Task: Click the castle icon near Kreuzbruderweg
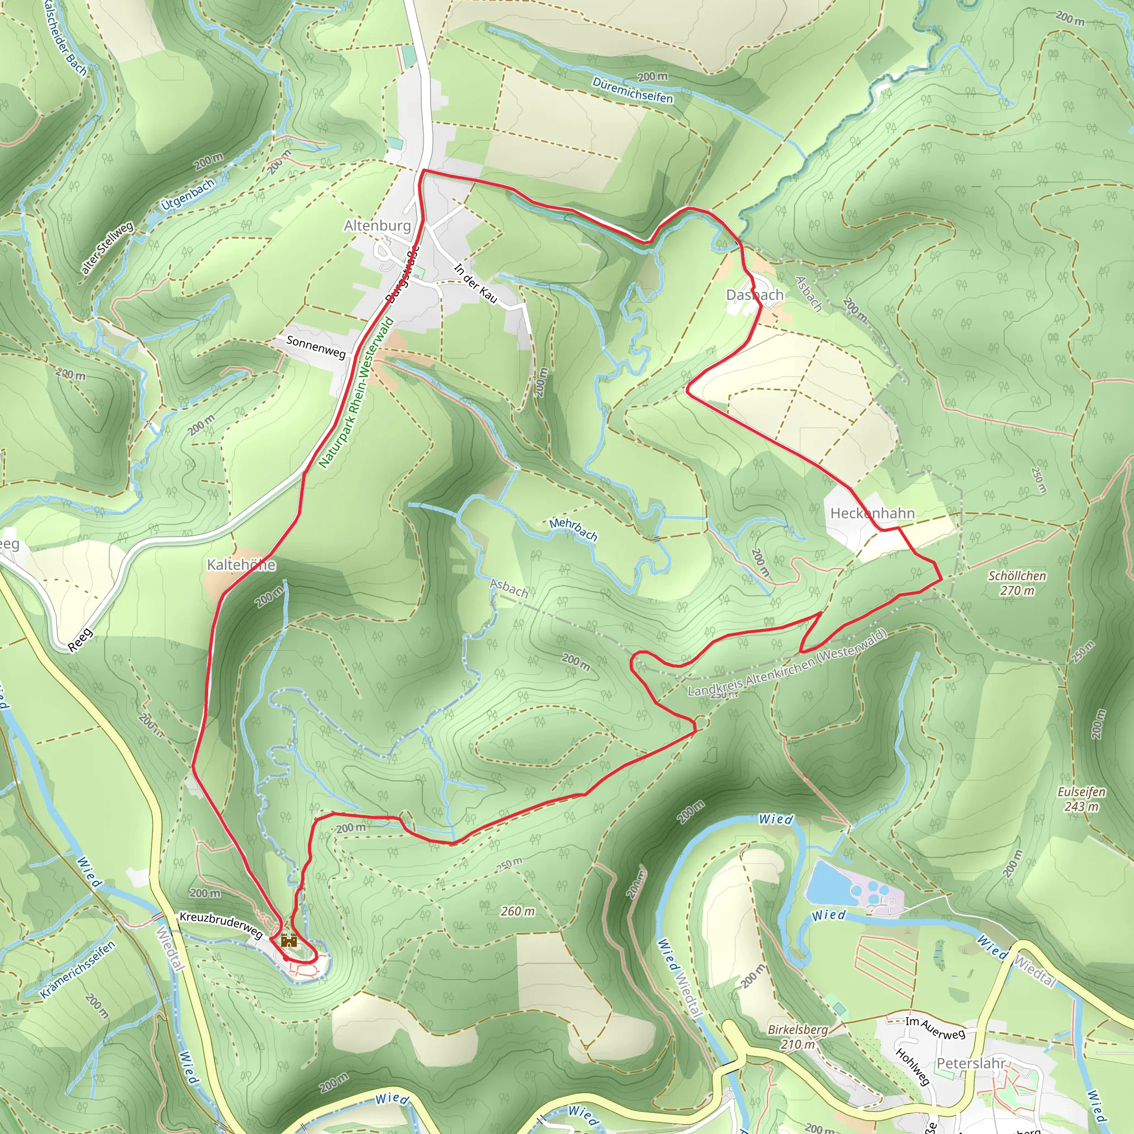point(288,941)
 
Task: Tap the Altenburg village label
point(378,225)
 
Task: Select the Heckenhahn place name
point(872,513)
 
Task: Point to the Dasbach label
point(754,295)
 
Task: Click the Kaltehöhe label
point(241,565)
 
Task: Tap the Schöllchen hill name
point(1017,576)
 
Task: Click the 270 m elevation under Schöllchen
point(1017,590)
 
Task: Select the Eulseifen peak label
point(1081,792)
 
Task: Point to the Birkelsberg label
point(798,1029)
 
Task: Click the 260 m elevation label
point(518,911)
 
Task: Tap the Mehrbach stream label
point(574,529)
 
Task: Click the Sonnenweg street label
point(316,346)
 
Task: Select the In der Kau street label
point(476,283)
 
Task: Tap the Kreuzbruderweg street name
point(221,925)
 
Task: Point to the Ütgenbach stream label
point(188,194)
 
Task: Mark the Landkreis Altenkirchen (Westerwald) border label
point(786,663)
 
